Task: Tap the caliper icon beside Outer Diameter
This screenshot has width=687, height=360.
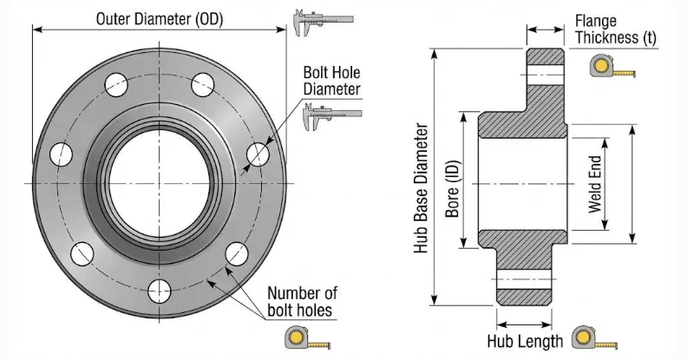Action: pos(323,21)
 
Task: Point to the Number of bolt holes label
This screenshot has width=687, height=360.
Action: pos(301,300)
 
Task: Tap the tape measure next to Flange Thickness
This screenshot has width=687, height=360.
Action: pos(611,67)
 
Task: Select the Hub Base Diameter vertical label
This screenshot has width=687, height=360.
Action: pos(422,187)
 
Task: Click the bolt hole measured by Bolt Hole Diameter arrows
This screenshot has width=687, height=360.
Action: pos(257,154)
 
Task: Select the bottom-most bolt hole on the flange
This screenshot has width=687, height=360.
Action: pos(159,288)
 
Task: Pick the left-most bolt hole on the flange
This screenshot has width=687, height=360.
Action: pos(61,154)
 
